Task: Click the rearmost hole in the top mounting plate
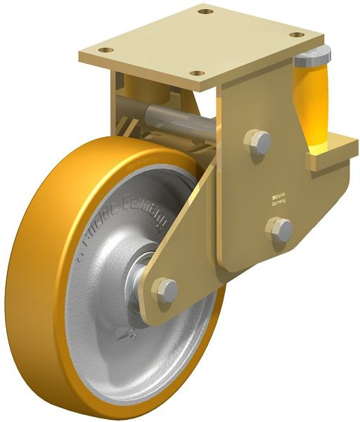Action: click(205, 11)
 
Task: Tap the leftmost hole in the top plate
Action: click(105, 50)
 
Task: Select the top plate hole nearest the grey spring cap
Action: click(297, 34)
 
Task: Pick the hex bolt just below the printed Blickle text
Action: click(280, 229)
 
